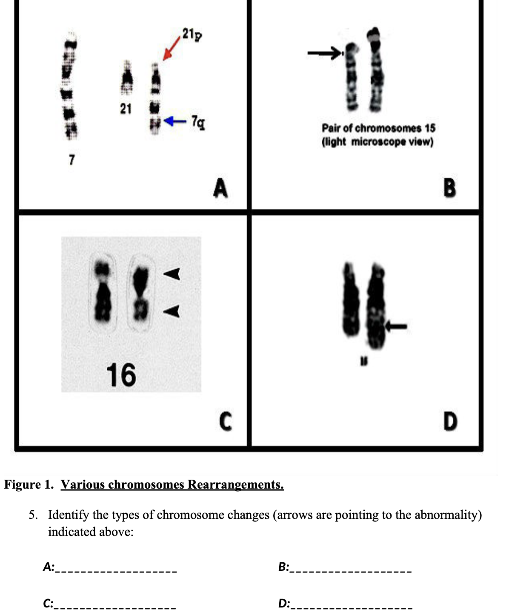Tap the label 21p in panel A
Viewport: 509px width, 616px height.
coord(192,34)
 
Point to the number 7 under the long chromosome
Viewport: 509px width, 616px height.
coord(71,160)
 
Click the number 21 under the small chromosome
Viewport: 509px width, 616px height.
coord(125,109)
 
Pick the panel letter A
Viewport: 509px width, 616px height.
coord(220,188)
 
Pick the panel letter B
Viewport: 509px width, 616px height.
coord(449,188)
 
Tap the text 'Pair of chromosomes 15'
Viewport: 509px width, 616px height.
coord(378,128)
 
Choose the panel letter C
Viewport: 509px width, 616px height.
coord(226,421)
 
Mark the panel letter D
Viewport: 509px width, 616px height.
coord(450,421)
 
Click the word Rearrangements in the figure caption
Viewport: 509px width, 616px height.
coord(235,485)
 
